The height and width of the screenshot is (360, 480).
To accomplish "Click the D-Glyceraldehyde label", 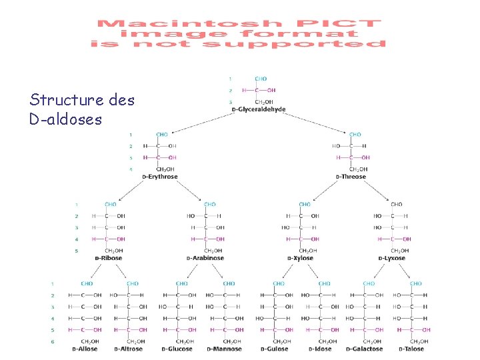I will point(259,109).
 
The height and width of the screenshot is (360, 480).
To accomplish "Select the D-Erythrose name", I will point(159,177).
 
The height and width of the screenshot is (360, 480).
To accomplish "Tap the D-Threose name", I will point(351,177).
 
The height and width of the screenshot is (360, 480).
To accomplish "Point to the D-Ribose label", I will point(107,258).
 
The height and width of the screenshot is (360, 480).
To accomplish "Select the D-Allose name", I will point(84,349).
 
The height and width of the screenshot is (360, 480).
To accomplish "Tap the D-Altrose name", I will point(129,349).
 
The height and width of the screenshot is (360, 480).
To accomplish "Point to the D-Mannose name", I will point(225,349).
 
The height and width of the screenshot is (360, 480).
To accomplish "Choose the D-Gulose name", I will point(274,349).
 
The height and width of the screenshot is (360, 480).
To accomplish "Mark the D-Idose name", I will point(320,349).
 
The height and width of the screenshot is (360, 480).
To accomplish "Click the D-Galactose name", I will point(365,349).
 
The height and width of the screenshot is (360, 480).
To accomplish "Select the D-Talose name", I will point(411,349).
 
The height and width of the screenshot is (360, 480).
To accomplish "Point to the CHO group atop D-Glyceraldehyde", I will point(261,78).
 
